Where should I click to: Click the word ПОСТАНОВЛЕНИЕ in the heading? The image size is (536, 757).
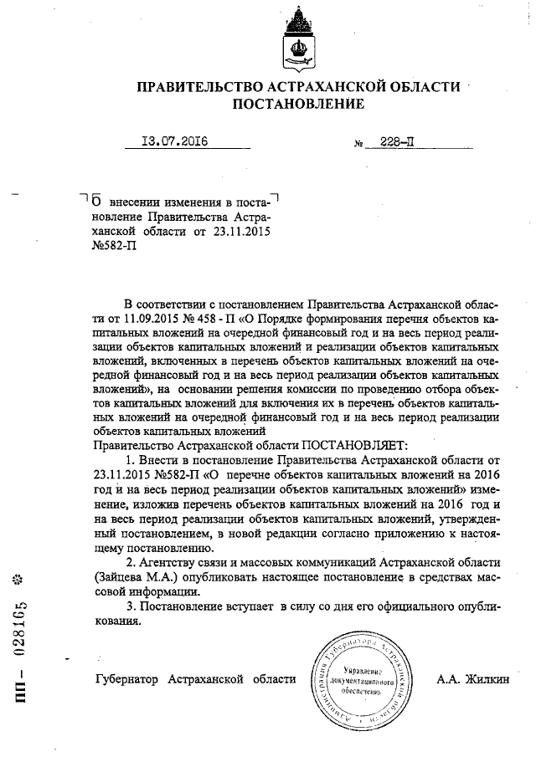click(298, 105)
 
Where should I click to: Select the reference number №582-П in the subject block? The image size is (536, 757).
click(112, 247)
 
